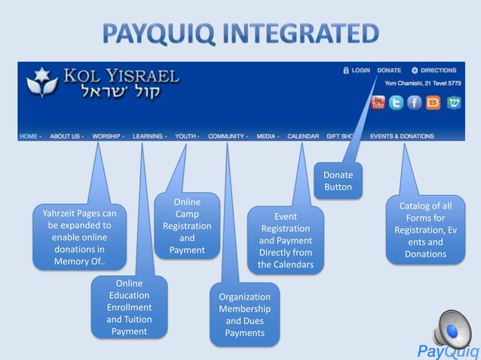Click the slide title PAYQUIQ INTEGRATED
240,34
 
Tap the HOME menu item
29,136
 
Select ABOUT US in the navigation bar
67,136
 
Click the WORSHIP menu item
108,136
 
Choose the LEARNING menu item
149,136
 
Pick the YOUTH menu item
186,136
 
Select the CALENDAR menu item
302,136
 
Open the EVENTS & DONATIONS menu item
402,136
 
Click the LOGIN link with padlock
357,70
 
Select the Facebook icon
415,102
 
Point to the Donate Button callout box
338,182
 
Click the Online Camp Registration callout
187,226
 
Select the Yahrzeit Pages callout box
79,238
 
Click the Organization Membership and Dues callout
245,314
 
